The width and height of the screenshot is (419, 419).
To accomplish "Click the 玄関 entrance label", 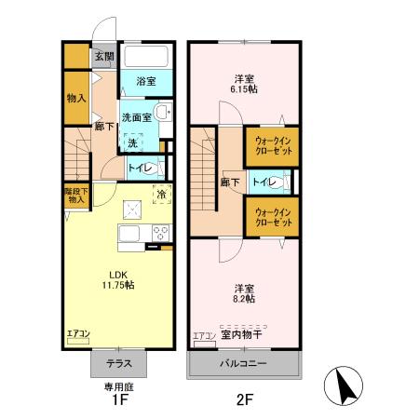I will [103, 56].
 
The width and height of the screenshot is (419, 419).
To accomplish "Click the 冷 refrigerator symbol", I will [161, 196].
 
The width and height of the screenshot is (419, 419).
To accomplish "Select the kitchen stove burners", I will [160, 234].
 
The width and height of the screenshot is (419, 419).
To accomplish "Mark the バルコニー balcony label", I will [245, 364].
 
